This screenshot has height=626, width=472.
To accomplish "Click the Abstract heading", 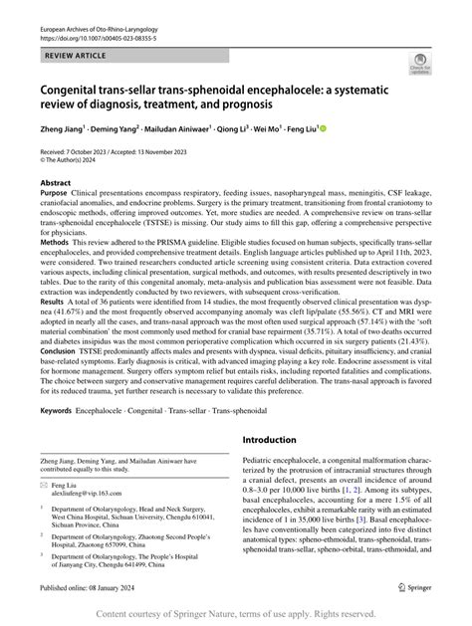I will pos(56,211).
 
